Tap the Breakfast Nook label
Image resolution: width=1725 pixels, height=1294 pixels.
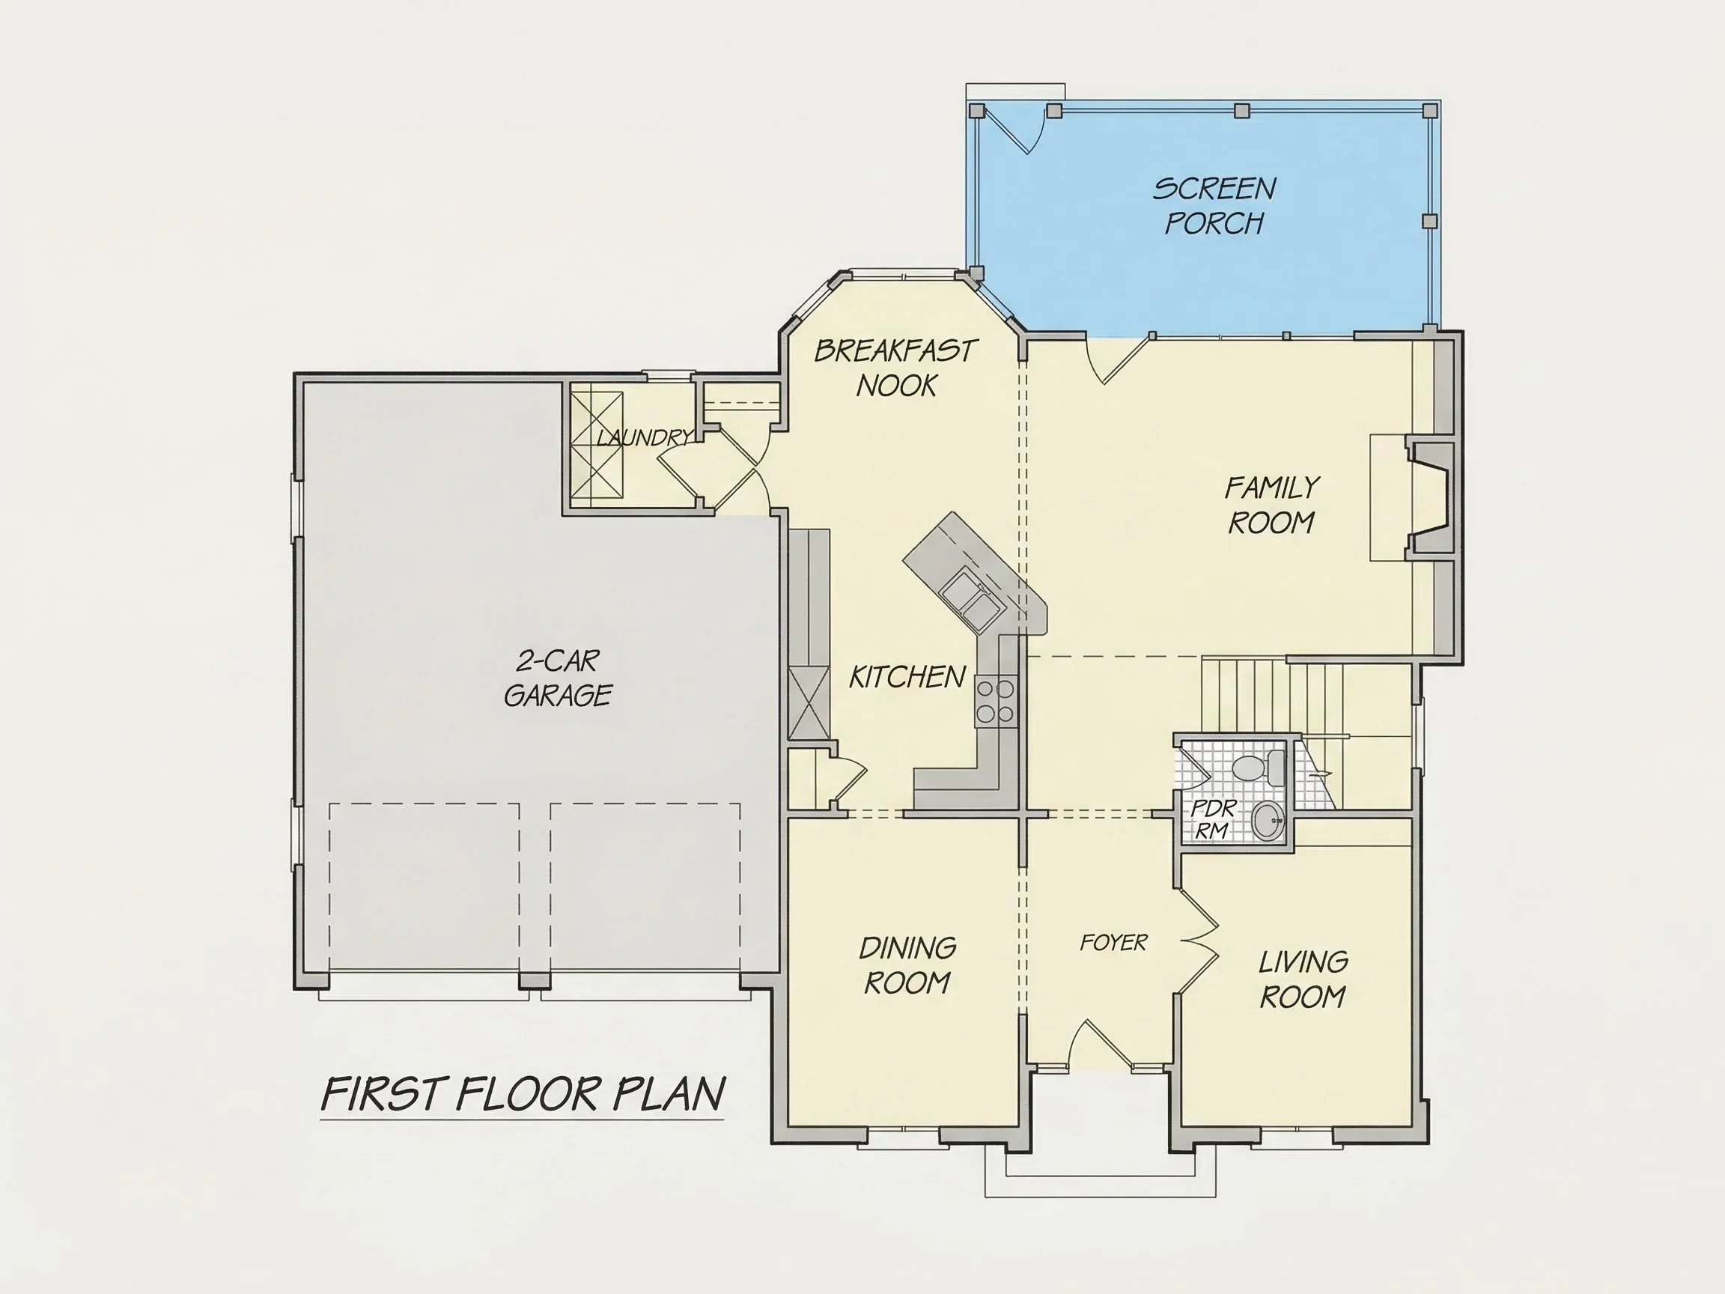pos(895,368)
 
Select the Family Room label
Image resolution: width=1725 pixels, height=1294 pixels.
pos(1272,505)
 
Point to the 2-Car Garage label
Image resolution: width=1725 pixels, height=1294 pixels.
pos(558,678)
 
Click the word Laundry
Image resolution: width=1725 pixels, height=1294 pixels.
pos(644,437)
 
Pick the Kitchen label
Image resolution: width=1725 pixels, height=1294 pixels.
pos(907,677)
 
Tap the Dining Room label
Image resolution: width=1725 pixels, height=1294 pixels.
pos(907,965)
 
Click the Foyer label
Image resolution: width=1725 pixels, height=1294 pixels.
pos(1113,943)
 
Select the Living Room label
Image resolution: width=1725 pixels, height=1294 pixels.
pos(1303,979)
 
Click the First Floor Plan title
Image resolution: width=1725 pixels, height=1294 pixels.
pos(523,1093)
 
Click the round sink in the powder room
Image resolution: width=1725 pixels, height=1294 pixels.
pos(1269,821)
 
